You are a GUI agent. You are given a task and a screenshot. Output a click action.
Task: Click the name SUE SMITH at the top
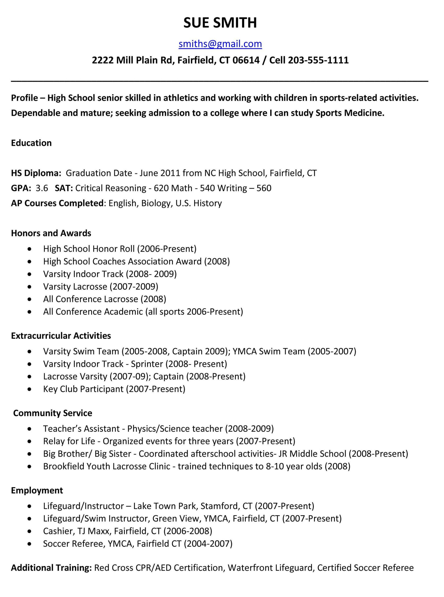220,23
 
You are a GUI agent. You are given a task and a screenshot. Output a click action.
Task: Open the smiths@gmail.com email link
220,44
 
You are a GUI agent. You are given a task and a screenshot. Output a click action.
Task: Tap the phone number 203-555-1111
318,60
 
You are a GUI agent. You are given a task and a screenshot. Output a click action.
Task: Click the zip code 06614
246,60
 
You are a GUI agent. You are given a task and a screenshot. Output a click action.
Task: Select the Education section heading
31,143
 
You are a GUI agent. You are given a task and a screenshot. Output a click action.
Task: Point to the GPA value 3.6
42,188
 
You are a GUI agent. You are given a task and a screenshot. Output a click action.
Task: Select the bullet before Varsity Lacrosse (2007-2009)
30,287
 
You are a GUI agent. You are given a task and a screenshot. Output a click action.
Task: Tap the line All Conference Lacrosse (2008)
105,299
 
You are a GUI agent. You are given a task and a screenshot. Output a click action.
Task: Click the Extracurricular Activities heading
61,336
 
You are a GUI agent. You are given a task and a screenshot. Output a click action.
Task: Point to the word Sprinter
147,364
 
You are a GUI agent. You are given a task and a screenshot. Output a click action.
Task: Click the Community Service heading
53,413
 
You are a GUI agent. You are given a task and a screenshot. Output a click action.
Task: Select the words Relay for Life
69,441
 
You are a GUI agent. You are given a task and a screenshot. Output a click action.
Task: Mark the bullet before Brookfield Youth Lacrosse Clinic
30,466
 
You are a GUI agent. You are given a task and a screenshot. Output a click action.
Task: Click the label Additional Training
51,568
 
